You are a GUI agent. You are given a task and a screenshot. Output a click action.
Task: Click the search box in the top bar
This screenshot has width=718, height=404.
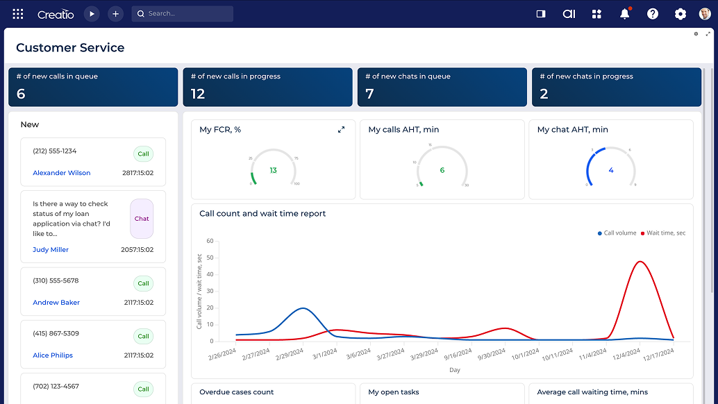pyautogui.click(x=182, y=14)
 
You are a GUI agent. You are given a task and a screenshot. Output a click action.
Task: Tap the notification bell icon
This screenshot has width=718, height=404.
pyautogui.click(x=624, y=14)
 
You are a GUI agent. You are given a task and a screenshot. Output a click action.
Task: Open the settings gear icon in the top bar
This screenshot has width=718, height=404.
pyautogui.click(x=680, y=14)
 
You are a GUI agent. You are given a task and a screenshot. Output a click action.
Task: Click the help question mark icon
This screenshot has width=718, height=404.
pyautogui.click(x=652, y=14)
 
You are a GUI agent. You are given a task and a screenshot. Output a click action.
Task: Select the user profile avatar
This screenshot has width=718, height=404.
pyautogui.click(x=705, y=14)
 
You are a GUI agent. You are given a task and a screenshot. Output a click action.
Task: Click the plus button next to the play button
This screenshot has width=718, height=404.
pyautogui.click(x=115, y=14)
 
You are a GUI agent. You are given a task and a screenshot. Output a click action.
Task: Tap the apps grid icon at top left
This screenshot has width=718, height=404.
pyautogui.click(x=18, y=14)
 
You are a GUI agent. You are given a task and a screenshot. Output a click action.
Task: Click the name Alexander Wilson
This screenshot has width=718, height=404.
pyautogui.click(x=61, y=173)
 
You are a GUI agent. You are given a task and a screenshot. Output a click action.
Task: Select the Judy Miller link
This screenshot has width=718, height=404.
pyautogui.click(x=51, y=249)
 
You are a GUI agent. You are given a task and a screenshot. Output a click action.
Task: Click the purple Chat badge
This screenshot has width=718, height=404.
pyautogui.click(x=142, y=219)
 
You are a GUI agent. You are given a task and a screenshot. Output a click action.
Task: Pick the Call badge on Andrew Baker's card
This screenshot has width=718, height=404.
pyautogui.click(x=143, y=283)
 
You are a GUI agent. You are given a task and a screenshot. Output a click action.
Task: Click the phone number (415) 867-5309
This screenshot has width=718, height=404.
pyautogui.click(x=56, y=333)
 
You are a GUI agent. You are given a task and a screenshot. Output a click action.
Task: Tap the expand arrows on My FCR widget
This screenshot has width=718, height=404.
pyautogui.click(x=341, y=130)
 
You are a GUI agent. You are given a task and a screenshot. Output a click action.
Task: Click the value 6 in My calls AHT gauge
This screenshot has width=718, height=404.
pyautogui.click(x=442, y=170)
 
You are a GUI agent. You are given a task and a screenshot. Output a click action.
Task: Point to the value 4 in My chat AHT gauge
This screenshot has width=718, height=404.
pyautogui.click(x=611, y=170)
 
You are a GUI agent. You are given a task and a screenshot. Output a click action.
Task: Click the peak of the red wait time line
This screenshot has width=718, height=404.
pyautogui.click(x=640, y=262)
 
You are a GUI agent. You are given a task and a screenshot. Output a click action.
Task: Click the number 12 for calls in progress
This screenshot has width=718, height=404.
pyautogui.click(x=198, y=94)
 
